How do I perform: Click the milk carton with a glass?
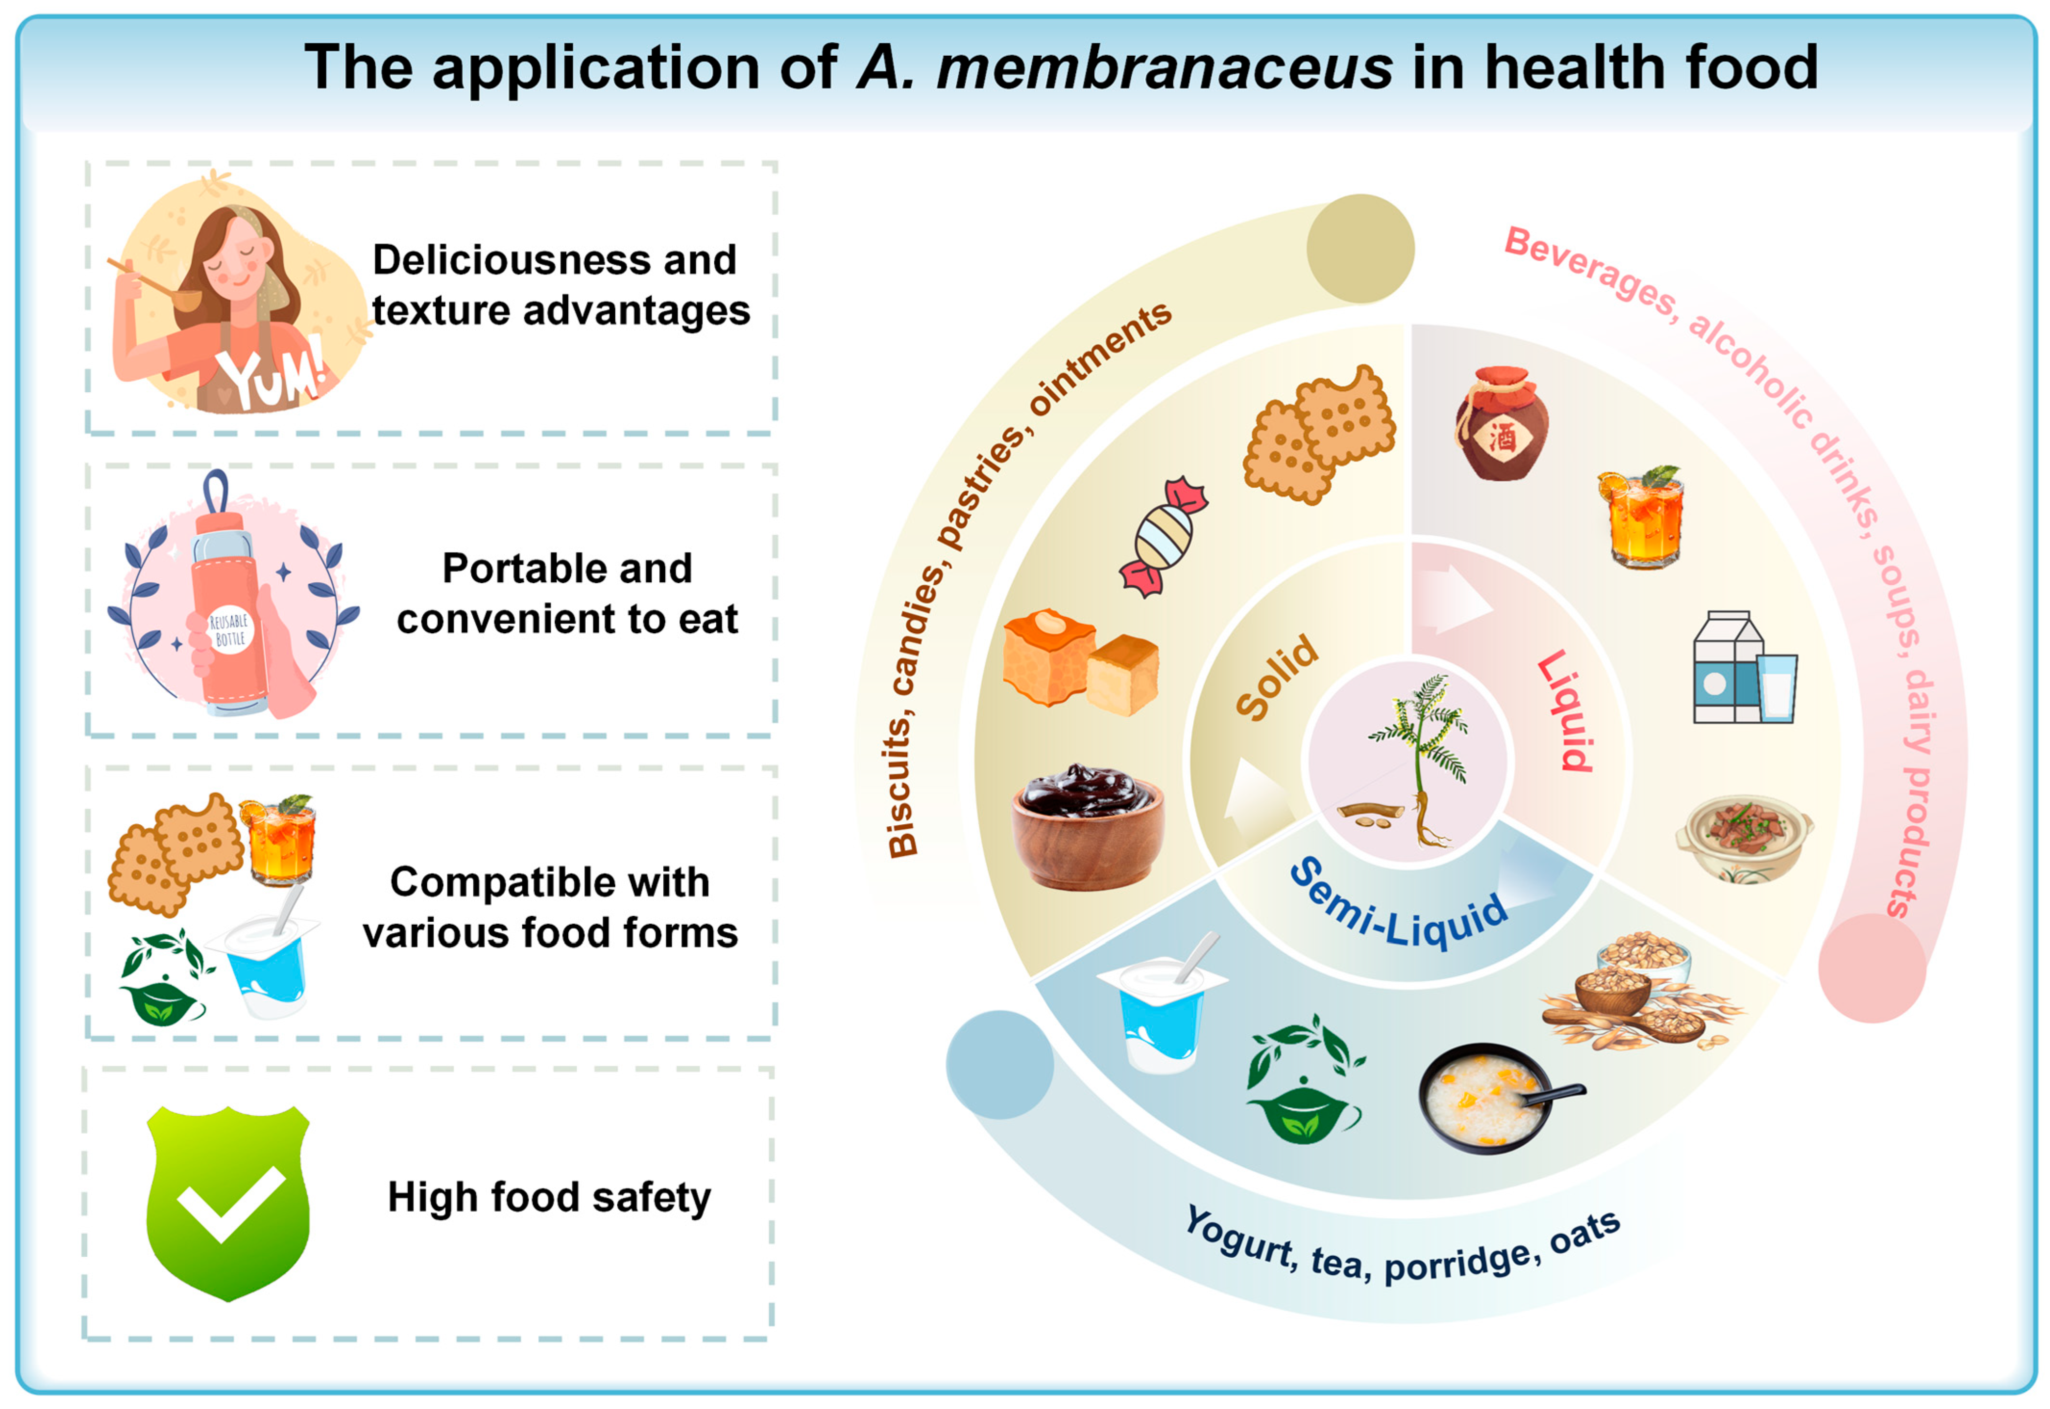coord(1744,668)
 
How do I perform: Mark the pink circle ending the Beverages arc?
coord(1872,968)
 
